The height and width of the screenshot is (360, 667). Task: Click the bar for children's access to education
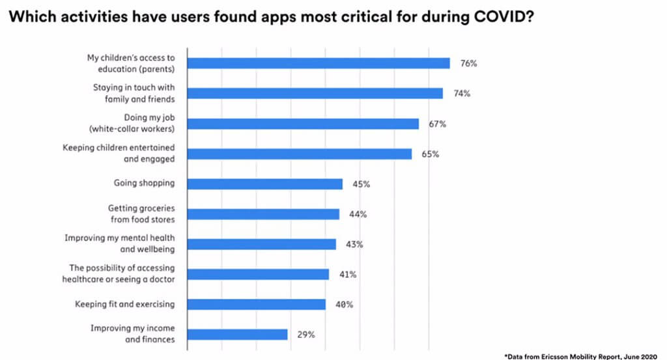(x=319, y=63)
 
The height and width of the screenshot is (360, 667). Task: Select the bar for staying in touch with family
(x=315, y=93)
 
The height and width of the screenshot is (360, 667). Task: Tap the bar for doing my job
(x=303, y=124)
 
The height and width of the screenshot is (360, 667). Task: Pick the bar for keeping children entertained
(x=300, y=154)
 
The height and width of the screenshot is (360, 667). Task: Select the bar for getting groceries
(x=263, y=214)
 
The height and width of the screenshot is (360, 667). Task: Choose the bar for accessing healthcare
(x=258, y=274)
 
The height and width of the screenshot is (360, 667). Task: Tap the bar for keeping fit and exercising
(x=257, y=304)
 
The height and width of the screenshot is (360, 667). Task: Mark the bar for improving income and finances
(x=238, y=334)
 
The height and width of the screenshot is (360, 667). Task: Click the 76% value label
(x=469, y=64)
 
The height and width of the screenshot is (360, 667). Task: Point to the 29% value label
(x=307, y=335)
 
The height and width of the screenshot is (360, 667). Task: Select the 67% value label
(x=437, y=124)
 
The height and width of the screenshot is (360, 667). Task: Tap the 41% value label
(x=348, y=275)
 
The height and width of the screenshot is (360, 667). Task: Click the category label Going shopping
(x=144, y=184)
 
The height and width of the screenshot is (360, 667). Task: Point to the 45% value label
(x=362, y=184)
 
